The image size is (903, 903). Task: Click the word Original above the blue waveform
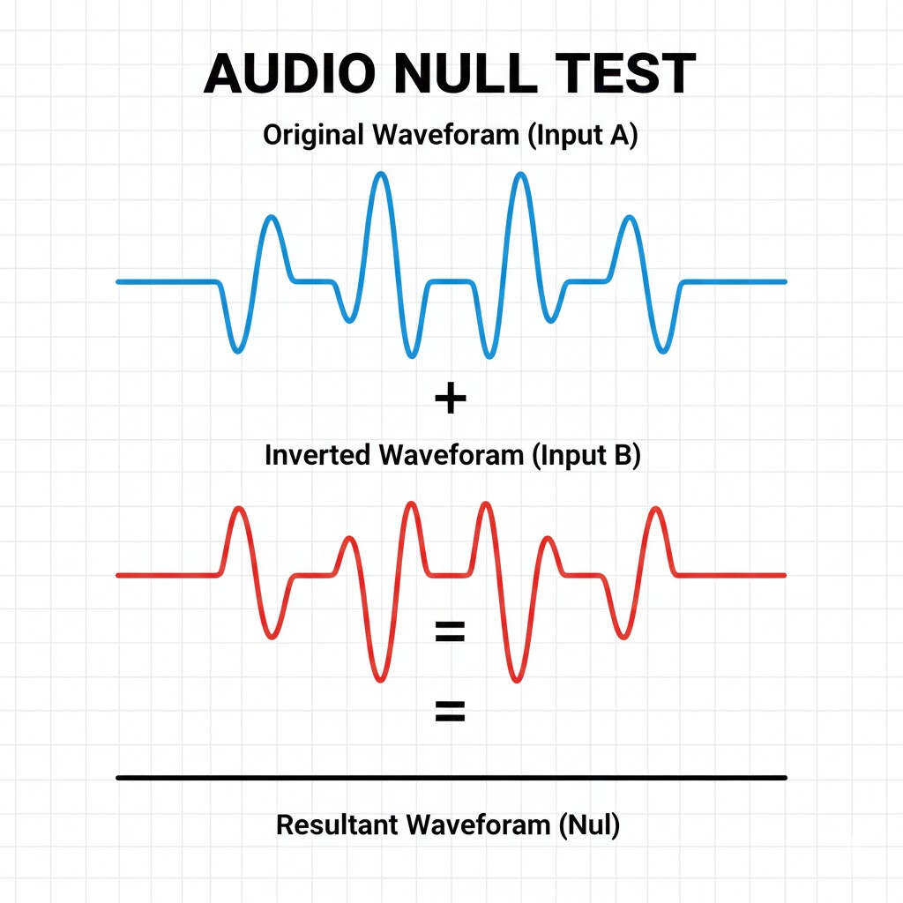tap(313, 137)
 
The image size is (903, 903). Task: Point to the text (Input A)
tap(585, 137)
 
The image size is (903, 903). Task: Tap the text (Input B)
tap(585, 456)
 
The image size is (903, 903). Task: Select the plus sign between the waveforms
tap(451, 399)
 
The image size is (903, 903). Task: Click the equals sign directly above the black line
tap(450, 712)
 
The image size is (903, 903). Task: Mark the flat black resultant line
tap(451, 778)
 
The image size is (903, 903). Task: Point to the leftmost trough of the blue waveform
tap(236, 351)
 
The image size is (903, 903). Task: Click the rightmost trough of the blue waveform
tap(663, 351)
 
